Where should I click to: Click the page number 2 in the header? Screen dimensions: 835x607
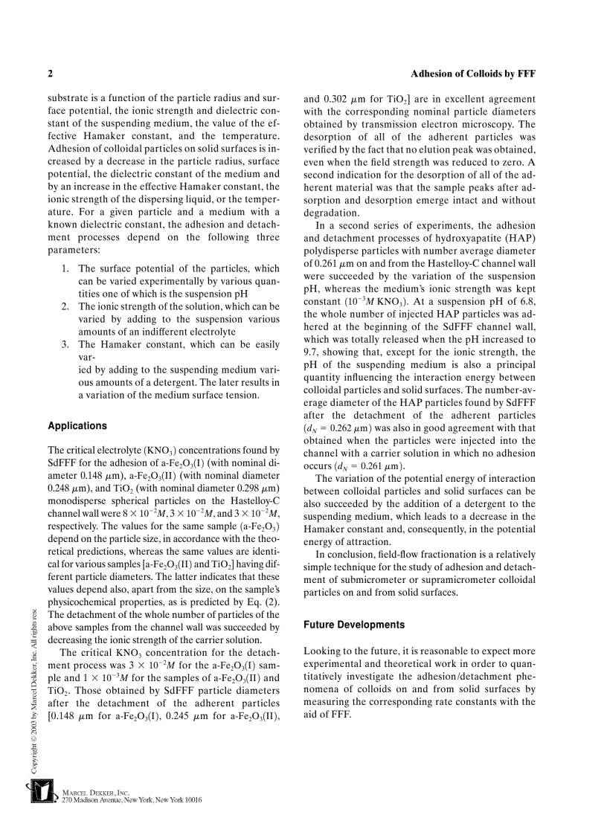[50, 74]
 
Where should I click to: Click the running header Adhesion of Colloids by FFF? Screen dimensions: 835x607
[473, 74]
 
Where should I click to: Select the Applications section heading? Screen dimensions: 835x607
[77, 426]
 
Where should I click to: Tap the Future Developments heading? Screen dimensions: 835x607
[354, 625]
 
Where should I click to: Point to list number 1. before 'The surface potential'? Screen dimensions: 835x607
[66, 268]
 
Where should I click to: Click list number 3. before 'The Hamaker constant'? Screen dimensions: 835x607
[66, 344]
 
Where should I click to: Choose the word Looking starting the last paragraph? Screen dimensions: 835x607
[322, 651]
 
